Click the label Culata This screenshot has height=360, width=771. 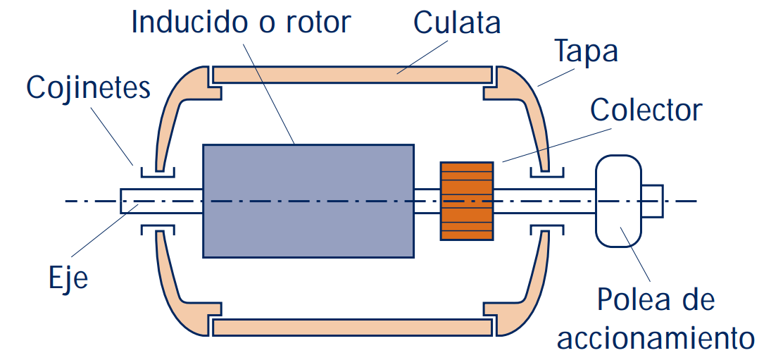pos(457,23)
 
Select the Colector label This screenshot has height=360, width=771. pos(646,110)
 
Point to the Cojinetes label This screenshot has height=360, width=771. pos(89,89)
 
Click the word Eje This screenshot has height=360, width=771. pos(68,278)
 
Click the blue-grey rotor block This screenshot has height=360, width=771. pos(308,201)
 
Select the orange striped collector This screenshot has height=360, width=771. pos(467,201)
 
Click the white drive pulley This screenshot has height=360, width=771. pos(618,201)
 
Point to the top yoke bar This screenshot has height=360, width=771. pos(351,73)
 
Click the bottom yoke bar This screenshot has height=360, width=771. pos(351,328)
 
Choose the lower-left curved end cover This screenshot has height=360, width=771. pos(176,296)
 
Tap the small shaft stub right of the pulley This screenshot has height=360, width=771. pos(653,201)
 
